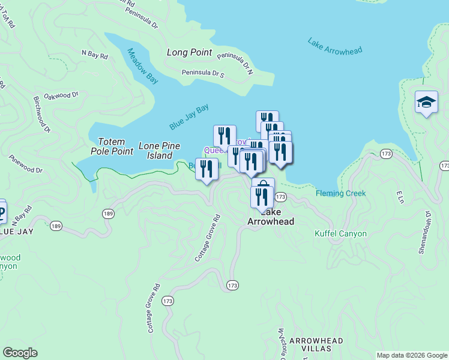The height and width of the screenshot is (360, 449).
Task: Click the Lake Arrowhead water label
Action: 335,47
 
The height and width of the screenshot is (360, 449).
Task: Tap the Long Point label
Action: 190,52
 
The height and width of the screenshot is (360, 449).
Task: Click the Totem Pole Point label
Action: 112,146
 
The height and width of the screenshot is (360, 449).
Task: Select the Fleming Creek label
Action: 341,193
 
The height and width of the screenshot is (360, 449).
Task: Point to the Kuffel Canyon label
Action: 340,233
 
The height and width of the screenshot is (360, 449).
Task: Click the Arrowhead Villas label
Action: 316,344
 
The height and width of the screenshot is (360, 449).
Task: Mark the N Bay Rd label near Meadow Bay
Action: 95,55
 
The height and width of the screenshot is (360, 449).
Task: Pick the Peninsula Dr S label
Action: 203,73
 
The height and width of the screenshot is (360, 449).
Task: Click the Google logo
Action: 20,353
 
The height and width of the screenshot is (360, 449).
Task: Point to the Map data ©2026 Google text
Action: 411,355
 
